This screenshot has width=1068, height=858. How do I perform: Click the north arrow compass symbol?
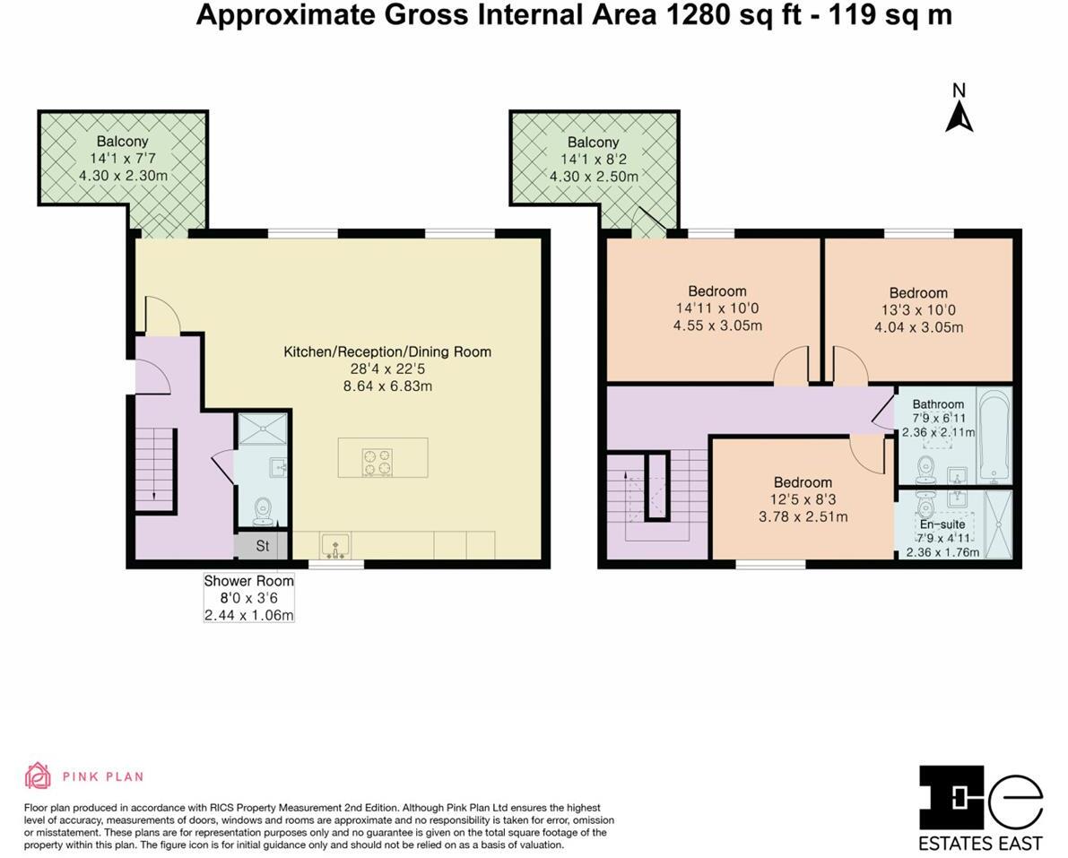(x=959, y=116)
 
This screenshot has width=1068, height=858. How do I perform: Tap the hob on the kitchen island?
(x=377, y=462)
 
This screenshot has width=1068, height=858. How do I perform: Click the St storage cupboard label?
(x=263, y=545)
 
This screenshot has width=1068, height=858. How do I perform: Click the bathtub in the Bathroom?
(x=992, y=436)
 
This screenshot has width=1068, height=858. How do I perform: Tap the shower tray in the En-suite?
(x=997, y=524)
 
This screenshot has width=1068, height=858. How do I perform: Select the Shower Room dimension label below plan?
(x=249, y=598)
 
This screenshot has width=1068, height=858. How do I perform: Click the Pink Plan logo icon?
(x=38, y=776)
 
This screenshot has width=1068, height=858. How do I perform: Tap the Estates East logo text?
(x=980, y=843)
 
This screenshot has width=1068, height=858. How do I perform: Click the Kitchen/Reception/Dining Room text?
(x=387, y=351)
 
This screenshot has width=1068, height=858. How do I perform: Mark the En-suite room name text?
(x=942, y=524)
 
